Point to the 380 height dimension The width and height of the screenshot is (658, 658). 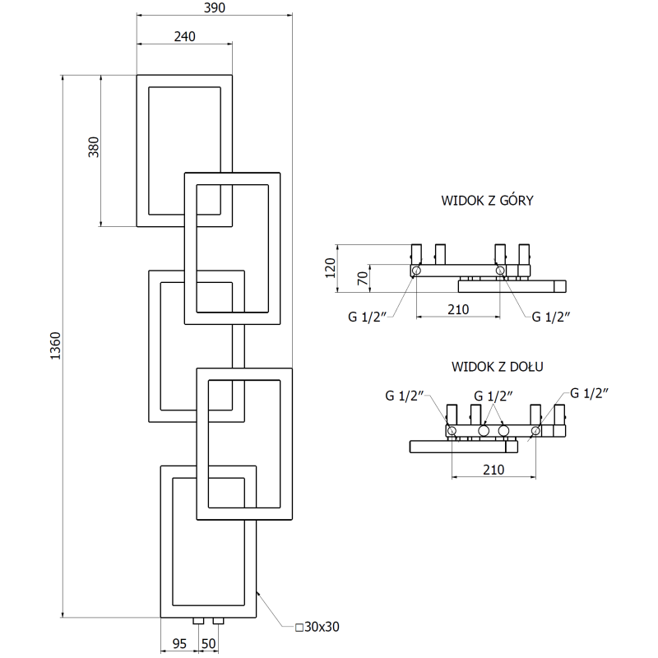tap(94, 146)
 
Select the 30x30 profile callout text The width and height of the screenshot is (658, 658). tap(317, 627)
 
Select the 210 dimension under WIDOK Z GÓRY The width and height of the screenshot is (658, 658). tap(457, 309)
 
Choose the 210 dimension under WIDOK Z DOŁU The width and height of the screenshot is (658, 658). tap(492, 469)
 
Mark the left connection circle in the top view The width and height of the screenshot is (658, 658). tap(417, 271)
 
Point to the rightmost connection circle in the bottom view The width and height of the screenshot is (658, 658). tap(536, 429)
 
